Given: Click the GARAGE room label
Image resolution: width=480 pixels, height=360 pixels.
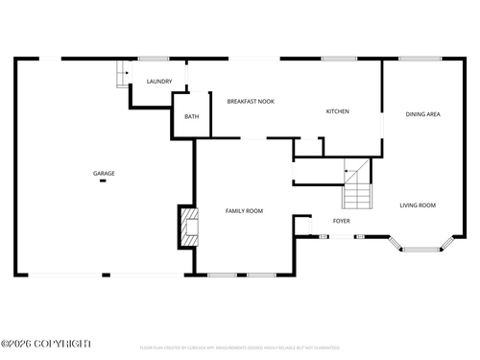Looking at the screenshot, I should tap(104, 174).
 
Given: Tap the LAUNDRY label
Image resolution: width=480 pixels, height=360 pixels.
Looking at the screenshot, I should tap(159, 82).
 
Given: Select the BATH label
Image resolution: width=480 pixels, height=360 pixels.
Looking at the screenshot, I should tap(192, 117).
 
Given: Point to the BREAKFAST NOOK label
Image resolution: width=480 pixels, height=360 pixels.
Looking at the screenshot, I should tap(251, 101).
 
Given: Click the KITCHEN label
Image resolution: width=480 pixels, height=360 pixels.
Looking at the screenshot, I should tap(338, 111).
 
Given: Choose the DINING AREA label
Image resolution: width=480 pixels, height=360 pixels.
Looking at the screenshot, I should tap(422, 114).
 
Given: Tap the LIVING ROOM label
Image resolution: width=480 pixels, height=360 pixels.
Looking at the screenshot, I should tap(418, 204).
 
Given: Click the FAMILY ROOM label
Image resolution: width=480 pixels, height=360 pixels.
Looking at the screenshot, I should tap(244, 210).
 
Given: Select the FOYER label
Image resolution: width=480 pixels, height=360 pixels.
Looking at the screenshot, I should tap(341, 221).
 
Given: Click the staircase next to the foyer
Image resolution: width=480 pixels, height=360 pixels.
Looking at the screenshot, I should tap(357, 191).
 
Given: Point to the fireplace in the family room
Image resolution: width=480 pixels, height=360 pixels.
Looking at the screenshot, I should tap(184, 226).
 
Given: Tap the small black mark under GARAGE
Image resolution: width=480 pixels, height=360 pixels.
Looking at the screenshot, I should tap(103, 181).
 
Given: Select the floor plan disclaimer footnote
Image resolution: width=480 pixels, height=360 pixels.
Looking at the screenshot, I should tap(239, 347).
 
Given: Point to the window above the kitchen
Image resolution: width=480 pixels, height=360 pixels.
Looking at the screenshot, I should tap(339, 59).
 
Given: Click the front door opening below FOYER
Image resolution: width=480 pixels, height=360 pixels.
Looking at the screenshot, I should tap(342, 236).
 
